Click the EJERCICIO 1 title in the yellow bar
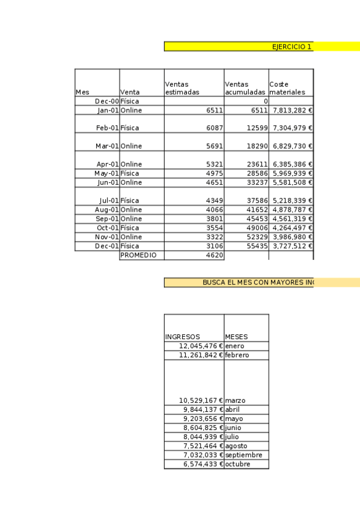pyautogui.click(x=291, y=46)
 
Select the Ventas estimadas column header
pyautogui.click(x=182, y=88)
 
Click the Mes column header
pyautogui.click(x=82, y=93)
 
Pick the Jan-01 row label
pyautogui.click(x=107, y=111)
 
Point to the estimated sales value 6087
pyautogui.click(x=214, y=128)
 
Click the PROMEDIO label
pyautogui.click(x=138, y=255)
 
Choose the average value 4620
pyautogui.click(x=215, y=255)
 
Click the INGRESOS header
pyautogui.click(x=182, y=337)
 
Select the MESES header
pyautogui.click(x=236, y=337)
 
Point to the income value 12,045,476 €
pyautogui.click(x=201, y=346)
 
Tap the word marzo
pyautogui.click(x=235, y=401)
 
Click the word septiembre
pyautogui.click(x=243, y=455)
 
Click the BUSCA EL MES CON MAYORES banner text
pyautogui.click(x=257, y=282)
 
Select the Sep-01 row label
pyautogui.click(x=107, y=219)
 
